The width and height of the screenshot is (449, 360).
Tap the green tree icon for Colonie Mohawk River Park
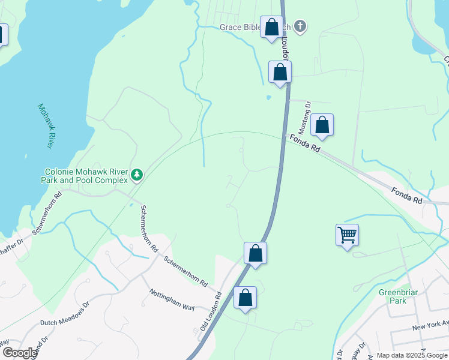137,175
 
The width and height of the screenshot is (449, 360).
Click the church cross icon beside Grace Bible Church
301,26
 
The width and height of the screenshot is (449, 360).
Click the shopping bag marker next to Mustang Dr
322,125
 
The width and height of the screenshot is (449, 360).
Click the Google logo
19,352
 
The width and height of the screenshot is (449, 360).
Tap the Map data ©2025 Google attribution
411,355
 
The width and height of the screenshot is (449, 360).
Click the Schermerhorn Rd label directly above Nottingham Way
185,271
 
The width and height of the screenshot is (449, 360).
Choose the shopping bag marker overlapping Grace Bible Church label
271,27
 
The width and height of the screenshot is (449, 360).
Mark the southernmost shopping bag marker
245,298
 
